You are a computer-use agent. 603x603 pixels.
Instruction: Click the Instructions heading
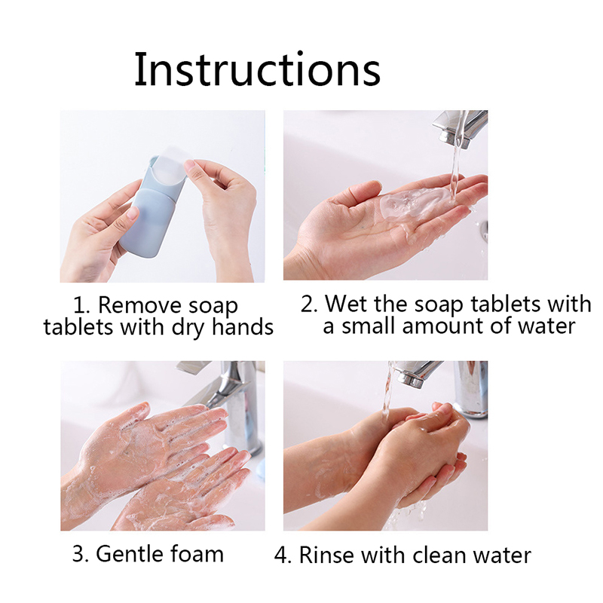(x=257, y=69)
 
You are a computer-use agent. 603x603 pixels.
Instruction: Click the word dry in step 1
(x=188, y=328)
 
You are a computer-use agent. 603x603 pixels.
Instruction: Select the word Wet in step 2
(x=347, y=304)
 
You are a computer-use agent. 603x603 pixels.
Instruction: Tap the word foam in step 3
(x=197, y=555)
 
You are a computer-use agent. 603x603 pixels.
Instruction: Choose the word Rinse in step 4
(x=326, y=556)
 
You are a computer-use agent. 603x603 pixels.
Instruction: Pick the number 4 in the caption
(x=281, y=556)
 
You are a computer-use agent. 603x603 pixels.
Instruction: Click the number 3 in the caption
(x=78, y=555)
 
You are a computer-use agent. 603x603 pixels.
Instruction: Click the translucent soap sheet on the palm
(x=413, y=203)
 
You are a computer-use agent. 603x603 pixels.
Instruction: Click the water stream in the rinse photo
(x=387, y=392)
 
